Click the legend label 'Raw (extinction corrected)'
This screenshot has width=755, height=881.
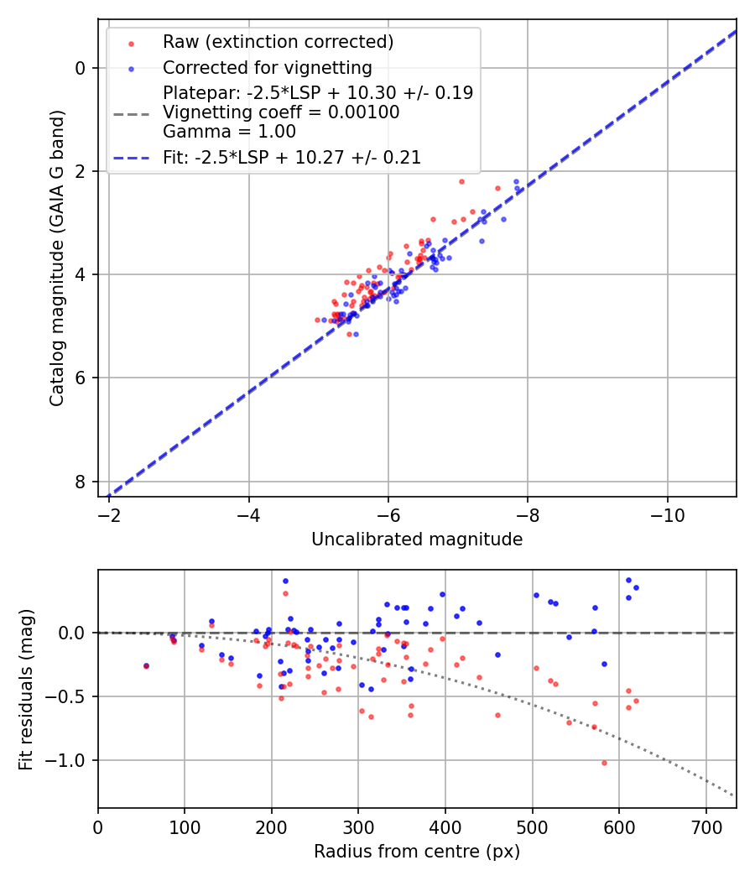click(x=278, y=42)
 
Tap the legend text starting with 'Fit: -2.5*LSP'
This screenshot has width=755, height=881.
click(x=292, y=157)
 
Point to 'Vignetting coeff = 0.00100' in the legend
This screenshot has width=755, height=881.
click(x=281, y=112)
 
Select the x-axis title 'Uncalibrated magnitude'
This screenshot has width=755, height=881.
click(x=417, y=540)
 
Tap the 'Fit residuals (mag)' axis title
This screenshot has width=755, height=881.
click(x=27, y=688)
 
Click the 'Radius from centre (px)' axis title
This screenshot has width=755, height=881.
click(x=417, y=852)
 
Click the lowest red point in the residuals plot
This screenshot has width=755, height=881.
click(x=604, y=763)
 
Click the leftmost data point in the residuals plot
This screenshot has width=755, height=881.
click(x=146, y=665)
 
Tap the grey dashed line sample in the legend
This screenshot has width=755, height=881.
click(x=131, y=112)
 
